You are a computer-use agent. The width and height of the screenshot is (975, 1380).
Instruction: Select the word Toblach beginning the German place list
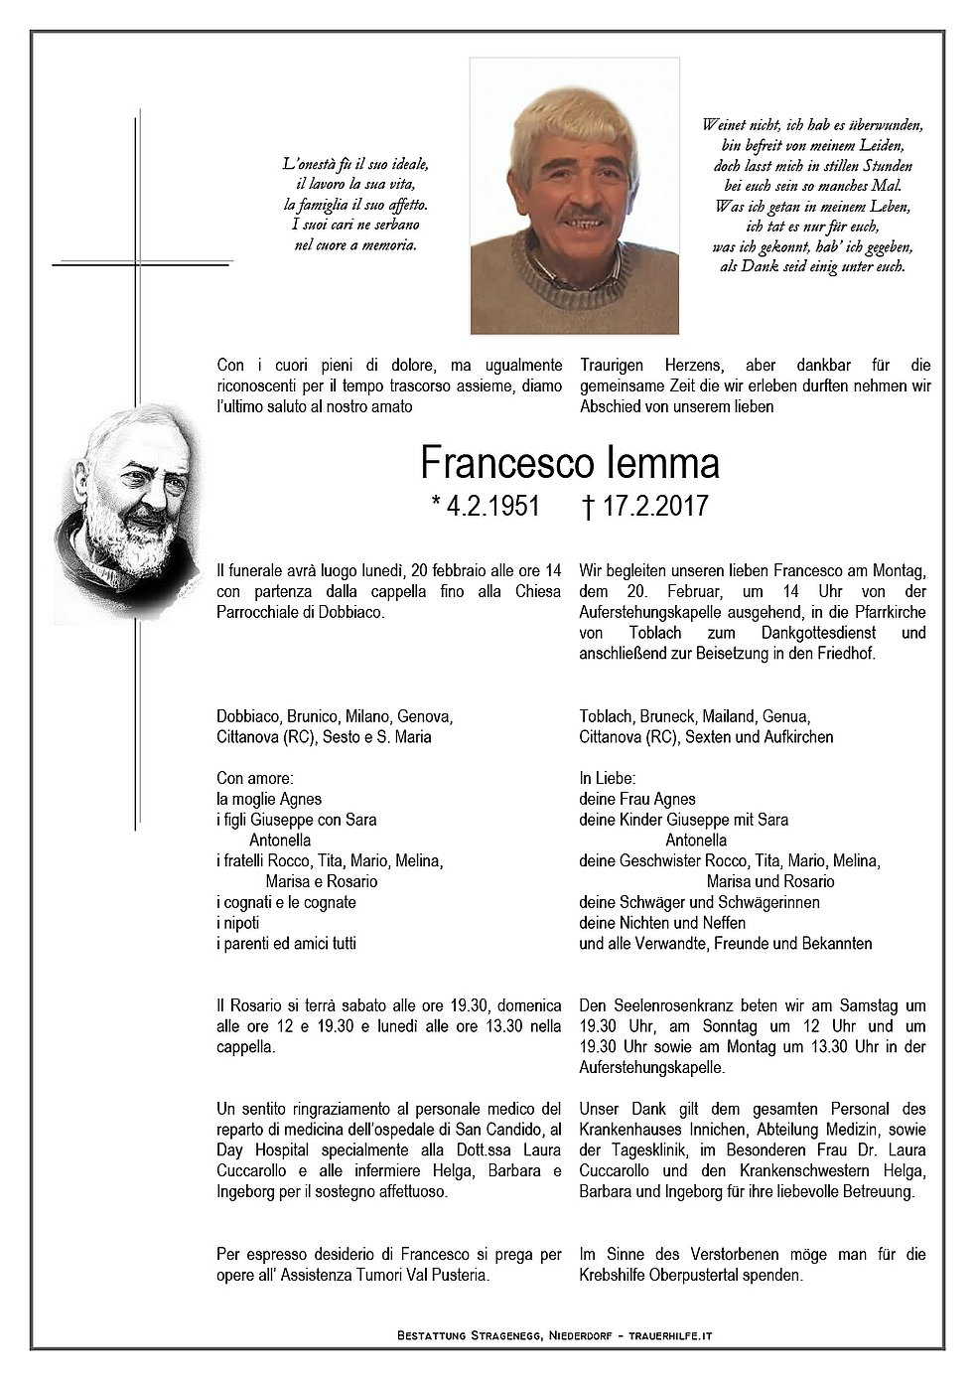point(605,715)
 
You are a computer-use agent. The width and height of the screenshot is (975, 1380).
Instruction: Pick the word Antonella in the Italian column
point(282,840)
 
